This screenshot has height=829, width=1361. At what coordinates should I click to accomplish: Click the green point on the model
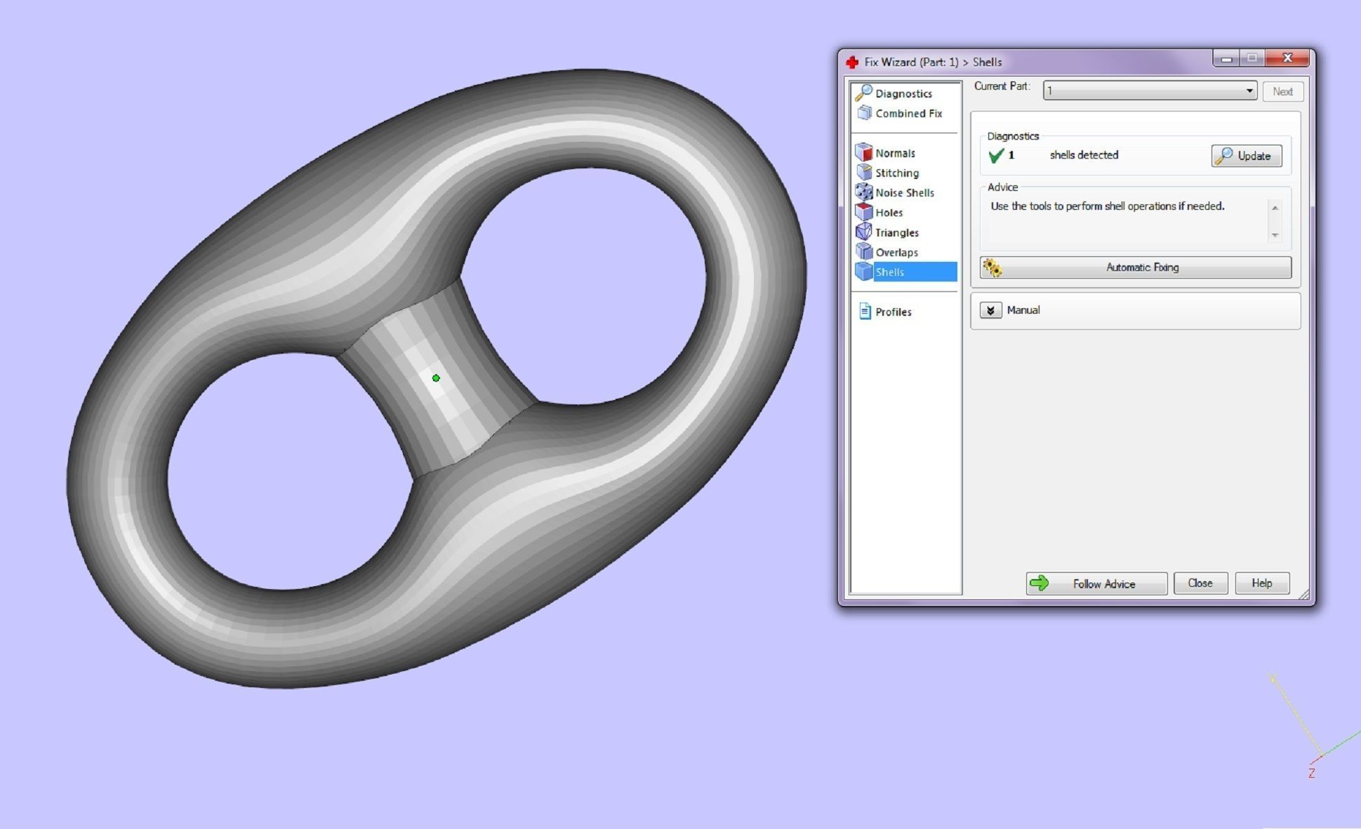point(436,378)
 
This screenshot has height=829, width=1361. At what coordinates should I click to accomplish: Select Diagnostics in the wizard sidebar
point(903,93)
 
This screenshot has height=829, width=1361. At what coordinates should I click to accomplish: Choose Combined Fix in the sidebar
point(908,113)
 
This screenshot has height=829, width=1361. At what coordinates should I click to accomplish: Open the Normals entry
point(894,153)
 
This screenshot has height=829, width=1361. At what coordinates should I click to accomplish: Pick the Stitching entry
point(896,173)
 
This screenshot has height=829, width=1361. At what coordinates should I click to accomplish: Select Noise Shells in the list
point(904,192)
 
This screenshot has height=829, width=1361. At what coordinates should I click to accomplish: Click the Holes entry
point(889,212)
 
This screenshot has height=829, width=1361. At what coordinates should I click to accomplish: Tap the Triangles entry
point(896,232)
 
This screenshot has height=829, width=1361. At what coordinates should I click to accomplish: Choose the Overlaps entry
point(896,252)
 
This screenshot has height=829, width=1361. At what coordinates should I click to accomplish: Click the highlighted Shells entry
point(890,272)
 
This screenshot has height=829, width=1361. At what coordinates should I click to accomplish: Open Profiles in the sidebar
point(893,312)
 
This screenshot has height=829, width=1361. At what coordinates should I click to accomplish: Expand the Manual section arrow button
point(990,310)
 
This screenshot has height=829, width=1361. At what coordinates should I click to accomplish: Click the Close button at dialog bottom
point(1200,583)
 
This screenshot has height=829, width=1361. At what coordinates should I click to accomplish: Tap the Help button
point(1261,583)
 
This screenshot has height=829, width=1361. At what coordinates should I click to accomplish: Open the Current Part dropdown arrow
point(1249,91)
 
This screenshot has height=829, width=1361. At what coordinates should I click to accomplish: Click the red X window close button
point(1287,58)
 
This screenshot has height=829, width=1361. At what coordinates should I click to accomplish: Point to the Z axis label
point(1311,773)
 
